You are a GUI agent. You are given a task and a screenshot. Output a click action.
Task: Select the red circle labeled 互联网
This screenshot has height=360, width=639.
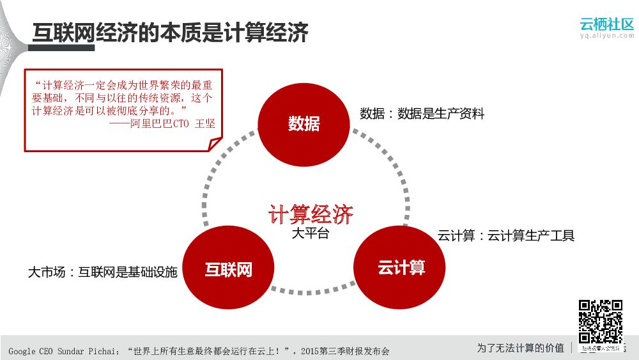228,269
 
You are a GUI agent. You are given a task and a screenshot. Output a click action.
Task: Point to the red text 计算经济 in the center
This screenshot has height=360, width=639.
311,215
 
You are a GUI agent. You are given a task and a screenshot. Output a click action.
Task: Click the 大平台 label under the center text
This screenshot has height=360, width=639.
310,234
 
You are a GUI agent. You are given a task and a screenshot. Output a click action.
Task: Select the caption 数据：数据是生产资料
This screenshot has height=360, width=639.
422,114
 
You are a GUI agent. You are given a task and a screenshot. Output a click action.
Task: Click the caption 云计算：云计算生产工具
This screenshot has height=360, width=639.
506,236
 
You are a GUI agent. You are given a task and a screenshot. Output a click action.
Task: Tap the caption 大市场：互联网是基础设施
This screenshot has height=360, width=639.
102,272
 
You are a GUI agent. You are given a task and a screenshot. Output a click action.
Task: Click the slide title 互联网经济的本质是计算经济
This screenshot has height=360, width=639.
171,33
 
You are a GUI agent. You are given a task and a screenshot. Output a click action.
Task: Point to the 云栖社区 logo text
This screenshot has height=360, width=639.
606,24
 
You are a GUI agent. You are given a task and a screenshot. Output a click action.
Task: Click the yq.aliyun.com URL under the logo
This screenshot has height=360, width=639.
607,36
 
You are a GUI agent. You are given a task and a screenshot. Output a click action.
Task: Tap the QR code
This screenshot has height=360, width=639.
601,322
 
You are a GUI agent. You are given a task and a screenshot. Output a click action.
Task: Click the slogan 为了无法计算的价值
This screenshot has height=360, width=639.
520,348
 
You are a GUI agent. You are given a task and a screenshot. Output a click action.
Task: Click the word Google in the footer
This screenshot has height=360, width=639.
22,351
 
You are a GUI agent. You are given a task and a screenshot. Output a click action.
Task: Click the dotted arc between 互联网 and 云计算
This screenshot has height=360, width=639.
313,291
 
